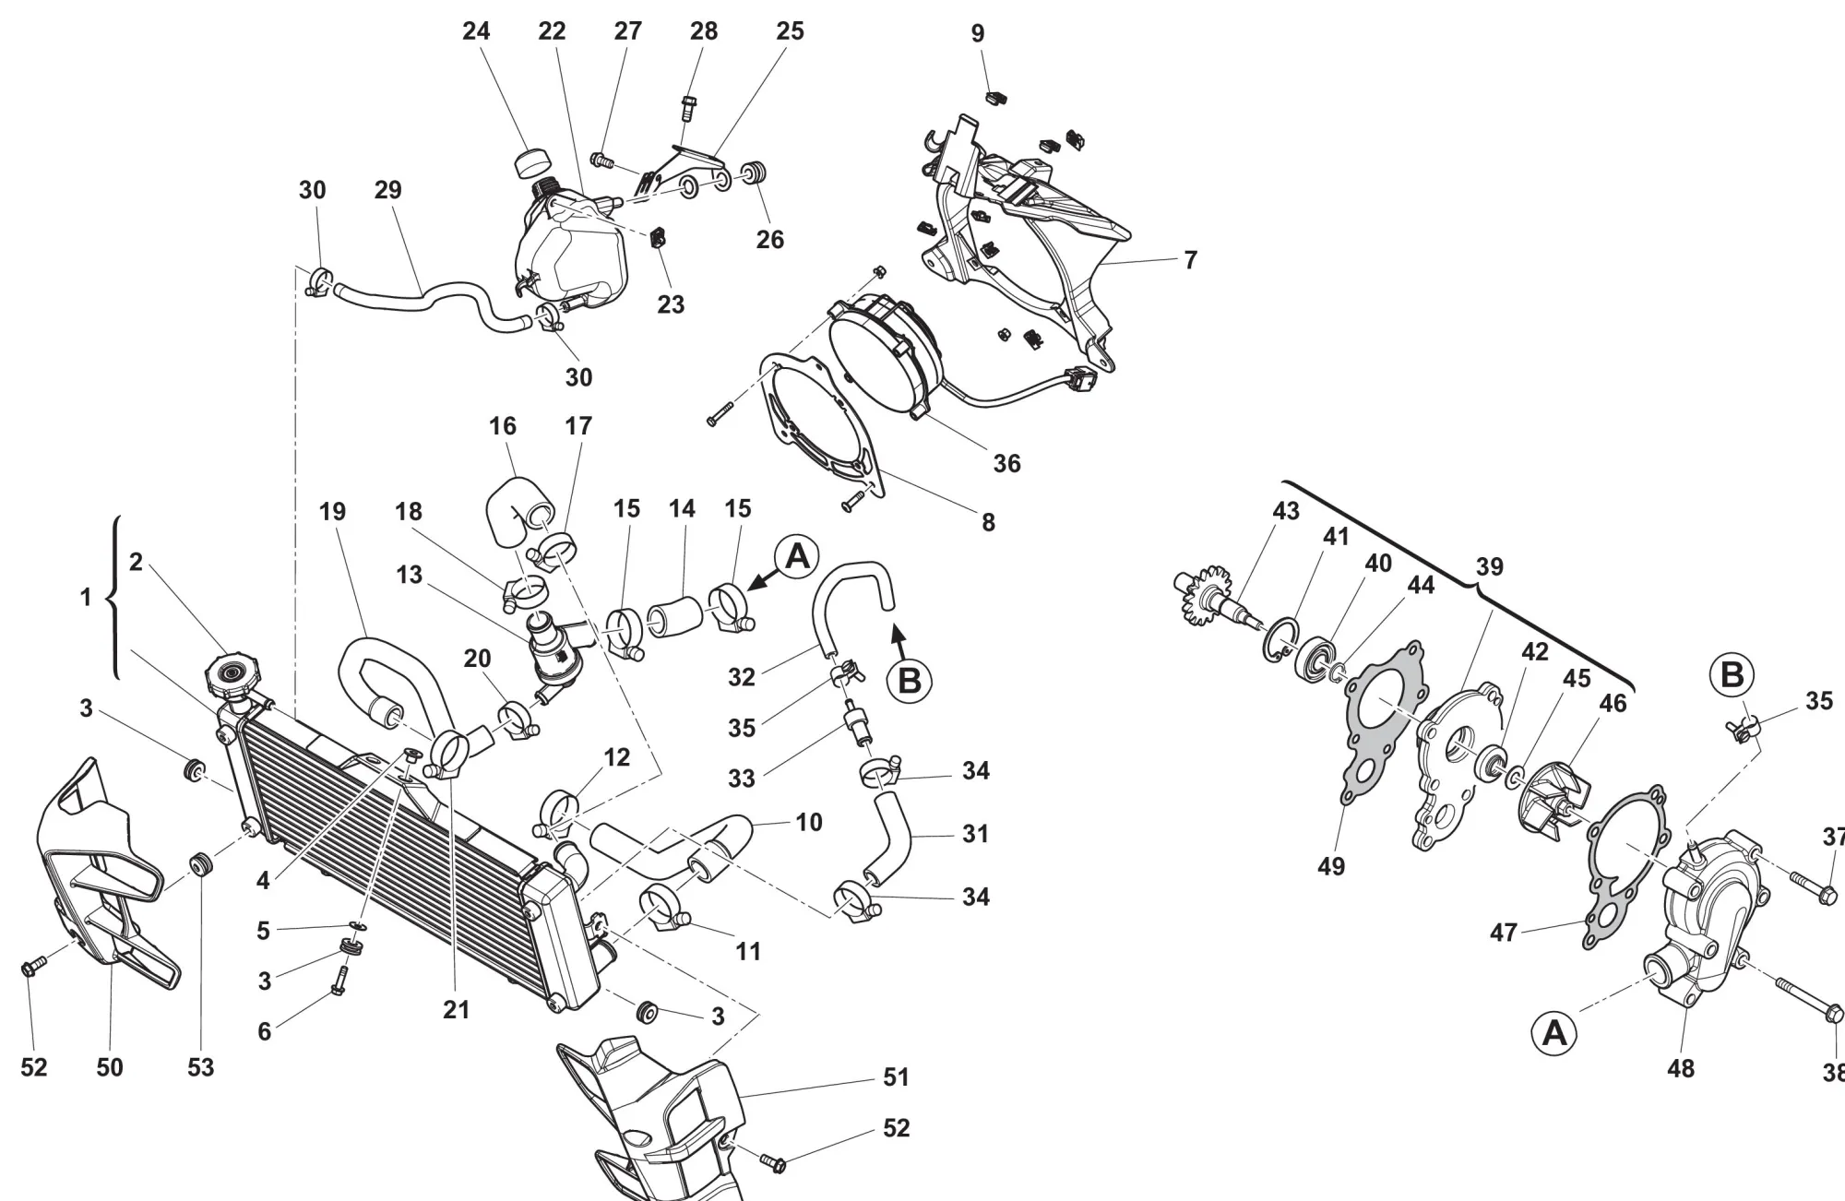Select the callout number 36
tap(1006, 463)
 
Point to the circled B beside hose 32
tap(909, 680)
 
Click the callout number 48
tap(1681, 1068)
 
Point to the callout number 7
tap(1190, 260)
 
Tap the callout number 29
tap(388, 190)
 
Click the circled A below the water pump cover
tap(1554, 1032)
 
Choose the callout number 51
tap(896, 1076)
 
